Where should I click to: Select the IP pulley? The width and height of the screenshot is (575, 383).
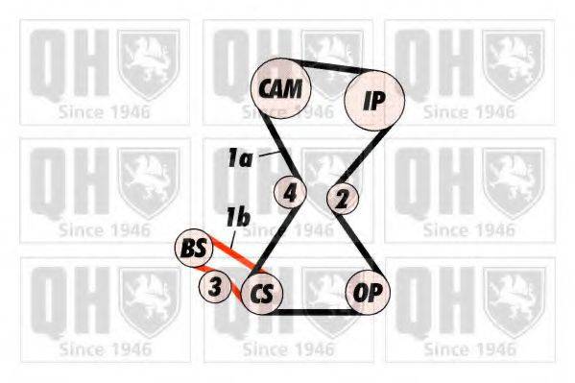372,98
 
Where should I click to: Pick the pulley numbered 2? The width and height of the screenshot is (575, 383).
341,199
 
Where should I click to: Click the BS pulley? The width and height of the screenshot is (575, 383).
194,249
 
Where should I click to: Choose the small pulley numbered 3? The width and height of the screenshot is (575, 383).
216,285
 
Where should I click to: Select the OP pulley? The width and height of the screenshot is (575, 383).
368,292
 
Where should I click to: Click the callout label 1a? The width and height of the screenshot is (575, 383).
240,159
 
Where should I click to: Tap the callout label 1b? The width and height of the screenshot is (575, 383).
237,219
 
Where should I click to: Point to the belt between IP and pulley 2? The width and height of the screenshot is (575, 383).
351,154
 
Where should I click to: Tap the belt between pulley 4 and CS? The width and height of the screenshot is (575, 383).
278,238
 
